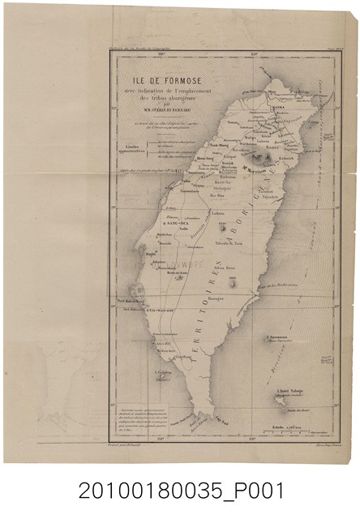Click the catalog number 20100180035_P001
click(x=180, y=491)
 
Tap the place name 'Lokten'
click(x=218, y=213)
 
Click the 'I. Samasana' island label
click(x=279, y=338)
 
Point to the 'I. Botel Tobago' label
click(x=289, y=393)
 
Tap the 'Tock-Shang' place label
click(x=219, y=146)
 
